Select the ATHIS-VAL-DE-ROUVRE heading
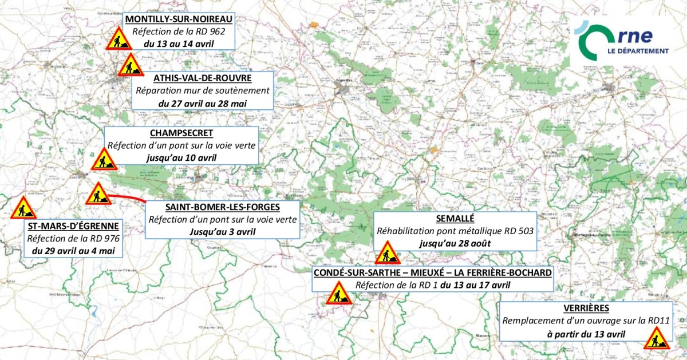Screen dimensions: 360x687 tap(203, 77)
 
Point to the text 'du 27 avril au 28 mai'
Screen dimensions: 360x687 tap(203, 103)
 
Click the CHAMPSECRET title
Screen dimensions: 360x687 tap(181, 133)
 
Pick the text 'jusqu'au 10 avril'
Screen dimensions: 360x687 tap(181, 157)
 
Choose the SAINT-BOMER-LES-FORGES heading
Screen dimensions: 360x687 tap(223, 207)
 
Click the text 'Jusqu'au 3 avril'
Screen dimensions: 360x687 tap(223, 232)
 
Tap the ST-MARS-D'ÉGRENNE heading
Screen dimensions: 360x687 tap(74, 226)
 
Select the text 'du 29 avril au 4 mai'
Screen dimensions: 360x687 tap(74, 251)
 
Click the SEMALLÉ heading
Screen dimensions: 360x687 tap(455, 218)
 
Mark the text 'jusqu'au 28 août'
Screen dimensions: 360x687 tap(455, 244)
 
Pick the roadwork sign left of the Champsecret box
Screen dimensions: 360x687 tap(104, 160)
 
